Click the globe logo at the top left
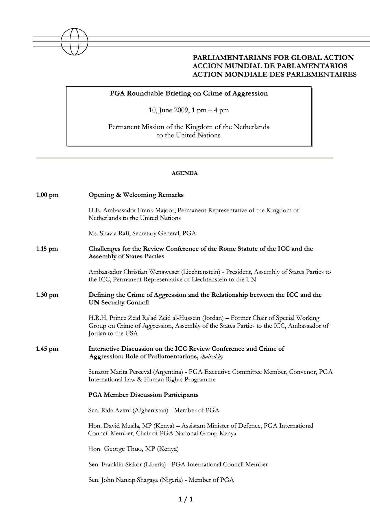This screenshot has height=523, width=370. tap(74, 42)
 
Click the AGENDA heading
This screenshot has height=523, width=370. tap(185, 173)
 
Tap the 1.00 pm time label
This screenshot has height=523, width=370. tap(47, 195)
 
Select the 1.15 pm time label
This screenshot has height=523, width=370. tap(47, 249)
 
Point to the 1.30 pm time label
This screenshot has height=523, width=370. tap(47, 295)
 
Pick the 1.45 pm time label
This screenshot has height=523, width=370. tap(47, 349)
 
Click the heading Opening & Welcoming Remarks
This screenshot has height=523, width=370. tap(136, 195)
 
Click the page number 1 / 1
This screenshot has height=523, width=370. tap(186, 499)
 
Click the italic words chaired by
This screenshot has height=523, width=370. tap(212, 357)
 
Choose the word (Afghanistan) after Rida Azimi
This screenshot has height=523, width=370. tap(150, 410)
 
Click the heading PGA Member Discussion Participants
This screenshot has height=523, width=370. tap(143, 395)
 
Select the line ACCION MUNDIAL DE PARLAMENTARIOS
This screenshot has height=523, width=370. tap(270, 66)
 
